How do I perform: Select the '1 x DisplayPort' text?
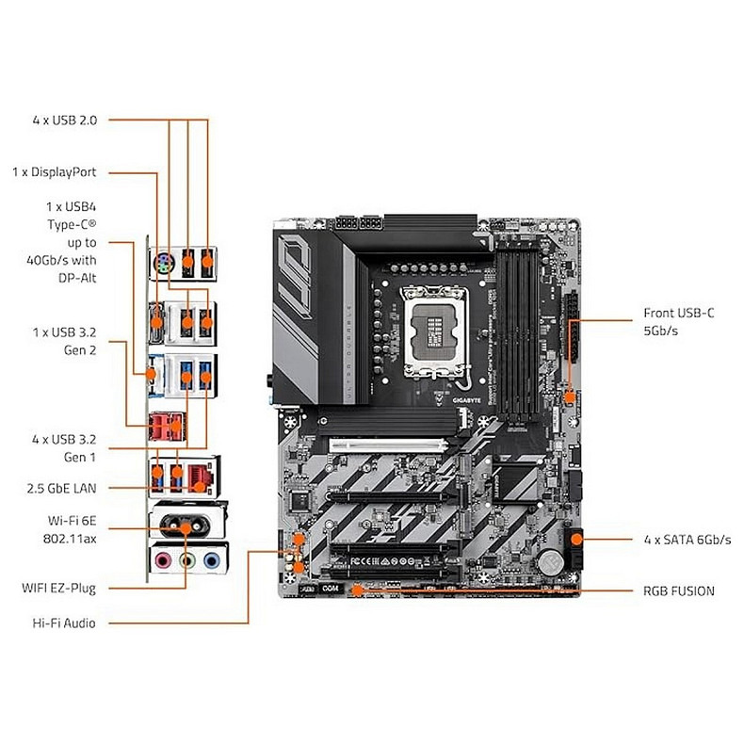(x=55, y=172)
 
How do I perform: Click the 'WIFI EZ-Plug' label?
(x=59, y=588)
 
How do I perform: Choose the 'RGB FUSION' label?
(x=679, y=590)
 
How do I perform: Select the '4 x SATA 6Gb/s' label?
(x=687, y=540)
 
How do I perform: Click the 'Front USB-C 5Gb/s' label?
(x=678, y=321)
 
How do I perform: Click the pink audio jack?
(x=163, y=561)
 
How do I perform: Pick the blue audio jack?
(x=212, y=561)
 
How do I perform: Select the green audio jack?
(x=187, y=561)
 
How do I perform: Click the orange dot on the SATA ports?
(x=577, y=540)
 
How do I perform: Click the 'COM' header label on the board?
(x=329, y=588)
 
